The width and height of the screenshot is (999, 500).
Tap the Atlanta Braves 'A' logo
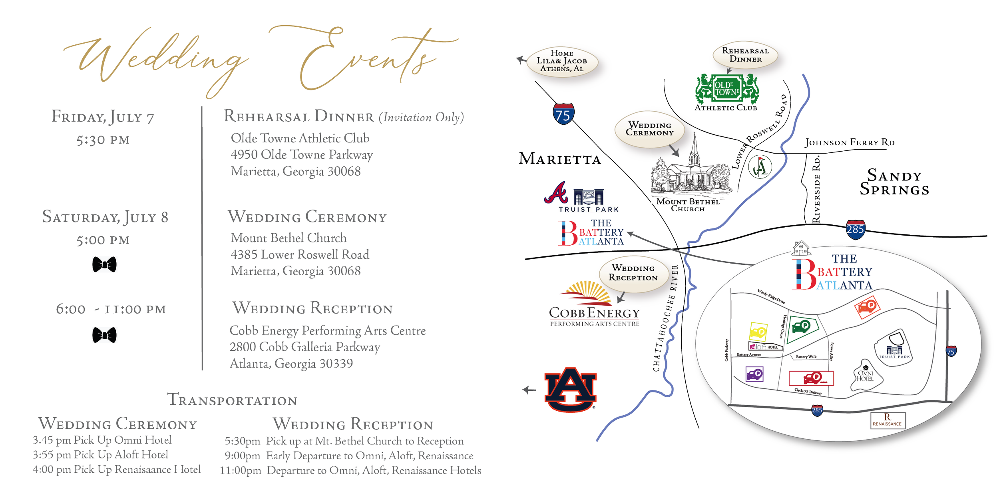tap(556, 193)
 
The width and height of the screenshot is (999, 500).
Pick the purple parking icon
tap(754, 374)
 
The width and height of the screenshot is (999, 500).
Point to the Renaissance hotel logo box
tap(888, 421)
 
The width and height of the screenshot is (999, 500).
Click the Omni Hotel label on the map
tap(865, 376)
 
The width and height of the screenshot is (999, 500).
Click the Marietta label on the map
tap(559, 160)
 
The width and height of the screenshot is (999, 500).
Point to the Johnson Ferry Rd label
tap(850, 142)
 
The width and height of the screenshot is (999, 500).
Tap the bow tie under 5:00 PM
tap(104, 264)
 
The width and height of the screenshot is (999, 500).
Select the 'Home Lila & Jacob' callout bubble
tap(562, 61)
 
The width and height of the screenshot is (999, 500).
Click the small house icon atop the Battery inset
tap(801, 248)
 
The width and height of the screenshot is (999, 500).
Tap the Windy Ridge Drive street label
tap(771, 296)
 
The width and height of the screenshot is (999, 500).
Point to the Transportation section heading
tap(232, 400)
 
